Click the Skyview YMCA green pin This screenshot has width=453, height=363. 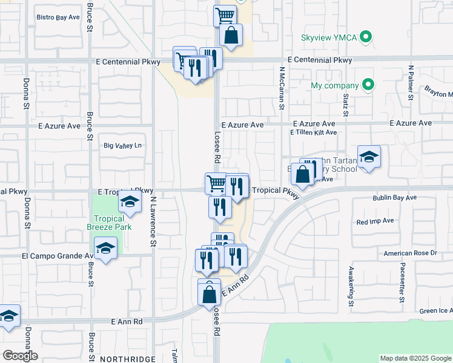(365, 38)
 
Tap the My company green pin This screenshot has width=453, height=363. (368, 85)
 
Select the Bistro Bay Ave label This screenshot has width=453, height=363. (58, 18)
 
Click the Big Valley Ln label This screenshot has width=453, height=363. (123, 145)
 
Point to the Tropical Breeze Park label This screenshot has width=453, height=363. (109, 223)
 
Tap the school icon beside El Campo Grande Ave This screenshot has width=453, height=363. (105, 249)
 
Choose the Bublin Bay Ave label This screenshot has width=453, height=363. (394, 198)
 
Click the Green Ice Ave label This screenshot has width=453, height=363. (435, 311)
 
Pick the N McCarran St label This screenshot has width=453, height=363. (282, 88)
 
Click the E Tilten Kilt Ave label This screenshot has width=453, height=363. (313, 132)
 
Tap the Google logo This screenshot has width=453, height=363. (19, 356)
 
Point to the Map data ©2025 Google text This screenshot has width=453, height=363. (414, 358)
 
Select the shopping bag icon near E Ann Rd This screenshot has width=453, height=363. (209, 295)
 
